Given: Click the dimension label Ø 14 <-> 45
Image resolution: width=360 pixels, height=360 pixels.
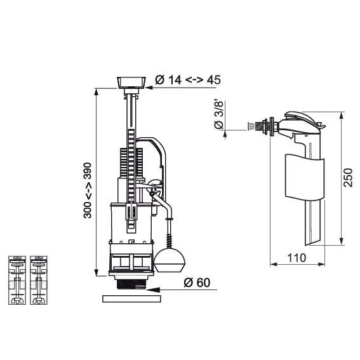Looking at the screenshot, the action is click(188, 79).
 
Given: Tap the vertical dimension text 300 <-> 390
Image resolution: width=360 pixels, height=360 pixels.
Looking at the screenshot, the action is click(88, 190).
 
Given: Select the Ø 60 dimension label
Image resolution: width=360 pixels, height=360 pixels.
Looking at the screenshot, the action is click(197, 283).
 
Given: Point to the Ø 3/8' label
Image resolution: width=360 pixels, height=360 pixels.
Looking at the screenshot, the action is click(218, 114).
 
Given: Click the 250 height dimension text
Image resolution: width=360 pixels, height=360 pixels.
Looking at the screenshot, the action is click(348, 178).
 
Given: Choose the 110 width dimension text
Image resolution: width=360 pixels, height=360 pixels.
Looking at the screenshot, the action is click(297, 258).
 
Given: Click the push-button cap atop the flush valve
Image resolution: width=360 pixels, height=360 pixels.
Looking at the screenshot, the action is click(131, 83).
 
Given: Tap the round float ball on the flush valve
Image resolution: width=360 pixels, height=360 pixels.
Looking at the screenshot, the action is click(170, 260).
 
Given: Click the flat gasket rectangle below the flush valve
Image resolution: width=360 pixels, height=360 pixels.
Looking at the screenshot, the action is click(131, 299).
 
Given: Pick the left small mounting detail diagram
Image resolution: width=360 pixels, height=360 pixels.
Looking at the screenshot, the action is click(17, 281).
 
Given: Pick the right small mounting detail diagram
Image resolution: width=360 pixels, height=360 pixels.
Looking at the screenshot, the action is click(39, 281).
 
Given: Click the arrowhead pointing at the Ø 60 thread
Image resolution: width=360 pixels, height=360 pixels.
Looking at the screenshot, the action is click(152, 290).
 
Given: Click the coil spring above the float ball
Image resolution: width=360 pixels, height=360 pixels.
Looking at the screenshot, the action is click(170, 241).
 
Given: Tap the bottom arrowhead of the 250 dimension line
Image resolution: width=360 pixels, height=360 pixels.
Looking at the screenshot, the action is click(341, 241).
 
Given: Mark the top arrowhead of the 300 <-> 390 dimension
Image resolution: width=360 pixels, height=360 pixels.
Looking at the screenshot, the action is click(97, 93).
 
